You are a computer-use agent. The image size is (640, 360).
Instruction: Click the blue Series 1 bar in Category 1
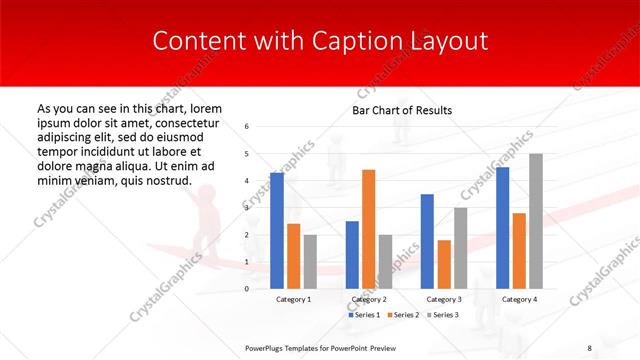coord(277,231)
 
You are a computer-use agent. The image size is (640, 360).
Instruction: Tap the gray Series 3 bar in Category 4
coord(536,221)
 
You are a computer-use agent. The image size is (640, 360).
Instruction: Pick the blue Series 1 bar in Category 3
coord(427,241)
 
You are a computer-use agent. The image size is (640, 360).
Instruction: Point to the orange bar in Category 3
coord(444,264)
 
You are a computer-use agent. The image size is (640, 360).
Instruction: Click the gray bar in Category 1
coord(310,262)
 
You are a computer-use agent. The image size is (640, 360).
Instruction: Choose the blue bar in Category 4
coord(502,228)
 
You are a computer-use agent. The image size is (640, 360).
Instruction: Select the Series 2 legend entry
coord(404,315)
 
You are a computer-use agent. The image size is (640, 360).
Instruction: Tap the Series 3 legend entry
coord(442,315)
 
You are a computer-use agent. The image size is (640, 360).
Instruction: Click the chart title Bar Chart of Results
coord(402,110)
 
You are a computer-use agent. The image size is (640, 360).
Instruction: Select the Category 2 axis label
coord(368,299)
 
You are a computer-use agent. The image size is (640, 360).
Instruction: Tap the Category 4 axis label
coord(519,299)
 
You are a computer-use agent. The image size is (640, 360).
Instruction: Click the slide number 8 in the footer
coord(590,347)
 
